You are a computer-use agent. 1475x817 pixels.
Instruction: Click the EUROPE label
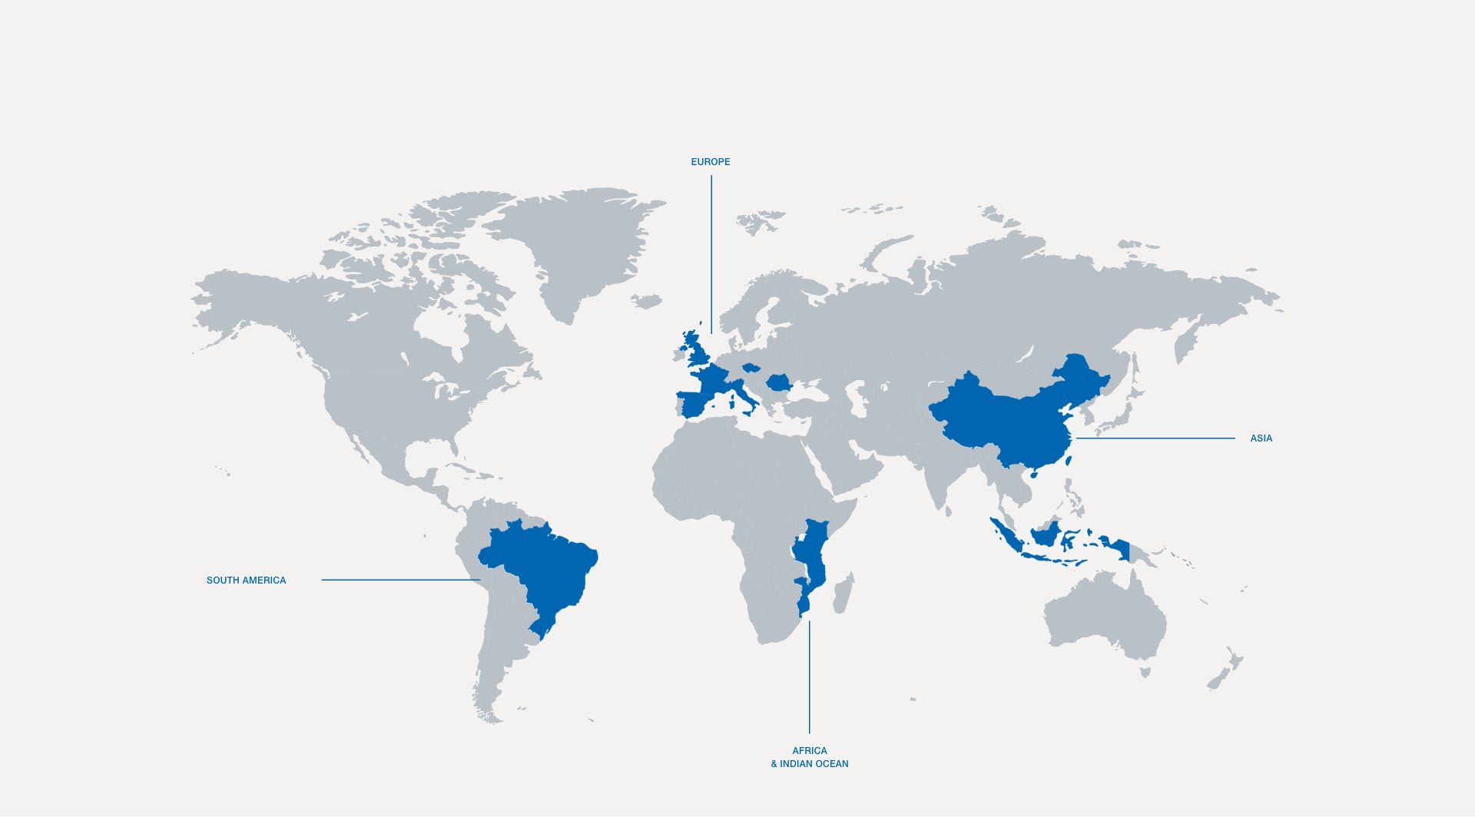[x=710, y=162]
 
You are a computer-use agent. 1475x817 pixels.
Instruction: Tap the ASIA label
[x=1261, y=438]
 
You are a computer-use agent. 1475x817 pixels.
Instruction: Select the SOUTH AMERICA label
[x=246, y=580]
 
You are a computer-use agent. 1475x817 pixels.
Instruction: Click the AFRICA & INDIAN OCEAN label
[x=810, y=757]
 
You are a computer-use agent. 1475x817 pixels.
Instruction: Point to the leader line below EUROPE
[x=711, y=253]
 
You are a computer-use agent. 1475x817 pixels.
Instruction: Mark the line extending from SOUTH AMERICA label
[x=400, y=580]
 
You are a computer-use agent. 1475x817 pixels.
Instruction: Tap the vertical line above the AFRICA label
[x=809, y=676]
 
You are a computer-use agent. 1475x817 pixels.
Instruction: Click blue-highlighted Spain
[x=695, y=403]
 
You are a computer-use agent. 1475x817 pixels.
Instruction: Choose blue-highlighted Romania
[x=779, y=382]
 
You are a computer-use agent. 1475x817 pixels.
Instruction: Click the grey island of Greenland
[x=584, y=246]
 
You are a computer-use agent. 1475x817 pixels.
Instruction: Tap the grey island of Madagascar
[x=843, y=595]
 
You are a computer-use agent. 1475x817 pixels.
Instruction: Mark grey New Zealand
[x=1226, y=668]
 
